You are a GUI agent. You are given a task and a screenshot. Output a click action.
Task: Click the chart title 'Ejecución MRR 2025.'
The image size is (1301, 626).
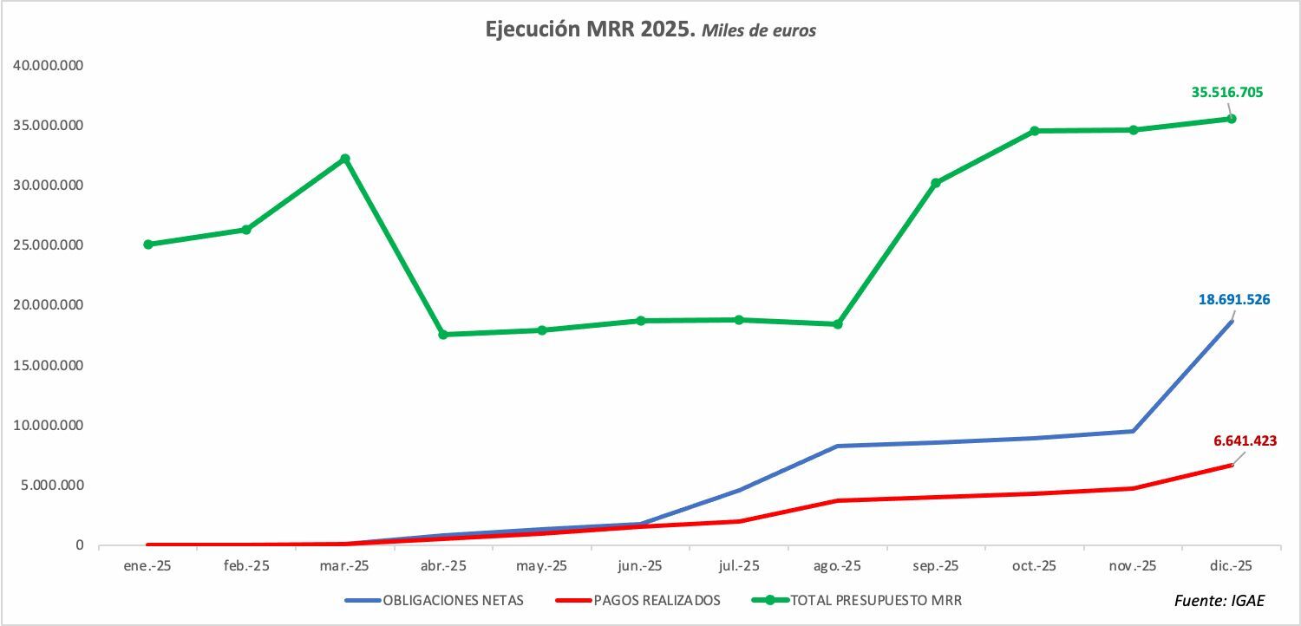590,29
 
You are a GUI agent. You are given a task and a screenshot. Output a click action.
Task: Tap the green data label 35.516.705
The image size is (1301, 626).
1227,92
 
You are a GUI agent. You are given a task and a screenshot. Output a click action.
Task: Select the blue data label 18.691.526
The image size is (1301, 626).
1234,300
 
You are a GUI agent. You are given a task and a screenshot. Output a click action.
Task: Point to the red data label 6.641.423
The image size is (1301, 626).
1245,440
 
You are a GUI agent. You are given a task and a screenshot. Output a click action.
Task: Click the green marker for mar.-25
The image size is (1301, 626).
345,159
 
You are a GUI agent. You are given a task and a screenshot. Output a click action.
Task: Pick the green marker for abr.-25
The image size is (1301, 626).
443,335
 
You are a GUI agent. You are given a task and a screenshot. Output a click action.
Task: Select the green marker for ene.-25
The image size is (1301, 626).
148,245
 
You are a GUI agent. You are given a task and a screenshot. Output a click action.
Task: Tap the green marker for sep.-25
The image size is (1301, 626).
936,183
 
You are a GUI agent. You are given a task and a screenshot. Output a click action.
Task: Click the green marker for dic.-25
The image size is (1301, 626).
1232,119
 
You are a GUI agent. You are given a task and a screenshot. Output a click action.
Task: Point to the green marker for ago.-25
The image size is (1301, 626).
838,324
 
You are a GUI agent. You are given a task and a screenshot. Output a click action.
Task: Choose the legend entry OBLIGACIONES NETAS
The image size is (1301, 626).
435,601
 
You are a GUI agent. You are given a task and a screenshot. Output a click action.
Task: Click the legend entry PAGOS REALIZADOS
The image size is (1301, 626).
637,601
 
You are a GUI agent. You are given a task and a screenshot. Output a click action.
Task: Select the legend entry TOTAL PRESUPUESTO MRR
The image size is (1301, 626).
857,601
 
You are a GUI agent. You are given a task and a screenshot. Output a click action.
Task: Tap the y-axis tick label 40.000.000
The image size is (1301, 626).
49,65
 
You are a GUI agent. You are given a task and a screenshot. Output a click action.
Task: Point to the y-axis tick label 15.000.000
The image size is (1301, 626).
49,365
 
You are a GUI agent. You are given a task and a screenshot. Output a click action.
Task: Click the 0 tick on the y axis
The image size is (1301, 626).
80,545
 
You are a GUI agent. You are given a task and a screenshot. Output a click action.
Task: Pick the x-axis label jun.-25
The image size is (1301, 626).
640,566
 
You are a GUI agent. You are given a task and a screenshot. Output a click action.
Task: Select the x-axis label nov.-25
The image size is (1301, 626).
1133,566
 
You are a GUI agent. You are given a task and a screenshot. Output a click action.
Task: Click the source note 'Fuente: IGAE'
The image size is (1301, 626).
1219,601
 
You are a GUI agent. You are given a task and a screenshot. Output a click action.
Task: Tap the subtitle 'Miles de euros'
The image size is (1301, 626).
759,30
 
